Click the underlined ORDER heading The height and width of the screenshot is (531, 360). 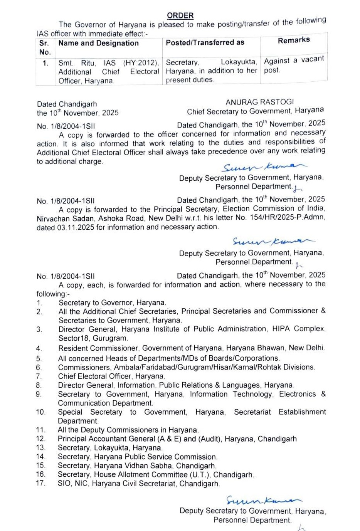point(180,15)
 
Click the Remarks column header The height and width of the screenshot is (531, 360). point(294,40)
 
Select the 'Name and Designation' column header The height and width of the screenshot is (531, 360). point(98,43)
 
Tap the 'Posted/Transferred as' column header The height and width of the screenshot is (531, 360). point(205,42)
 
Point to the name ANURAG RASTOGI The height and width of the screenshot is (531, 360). point(259,102)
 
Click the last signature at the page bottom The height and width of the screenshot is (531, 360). point(264,501)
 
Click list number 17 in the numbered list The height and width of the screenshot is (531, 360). point(40,483)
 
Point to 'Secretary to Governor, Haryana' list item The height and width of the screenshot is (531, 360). point(112,303)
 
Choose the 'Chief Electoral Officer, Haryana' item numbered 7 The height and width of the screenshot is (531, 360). point(111,376)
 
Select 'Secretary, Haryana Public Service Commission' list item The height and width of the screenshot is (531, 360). point(138,457)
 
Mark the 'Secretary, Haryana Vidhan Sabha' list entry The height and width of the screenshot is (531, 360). point(136,465)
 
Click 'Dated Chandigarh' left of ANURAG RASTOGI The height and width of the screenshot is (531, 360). point(67,104)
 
